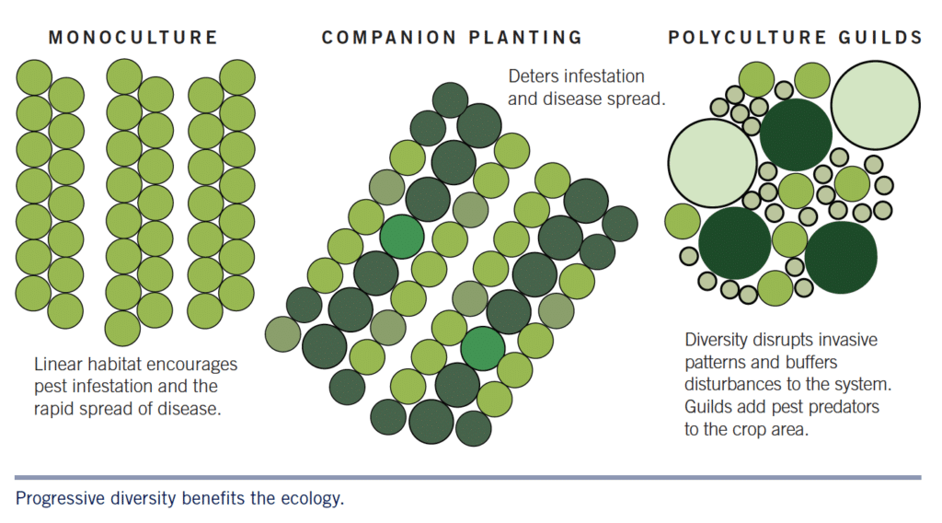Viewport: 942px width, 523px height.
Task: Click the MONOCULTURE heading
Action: click(x=132, y=38)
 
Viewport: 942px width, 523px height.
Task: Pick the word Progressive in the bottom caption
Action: click(x=58, y=500)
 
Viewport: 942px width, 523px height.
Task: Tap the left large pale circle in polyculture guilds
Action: click(x=712, y=163)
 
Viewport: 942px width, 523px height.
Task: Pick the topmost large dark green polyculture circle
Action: click(x=795, y=135)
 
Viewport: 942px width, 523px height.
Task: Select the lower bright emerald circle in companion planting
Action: click(x=483, y=347)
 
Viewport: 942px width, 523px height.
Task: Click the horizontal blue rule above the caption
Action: click(x=467, y=477)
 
